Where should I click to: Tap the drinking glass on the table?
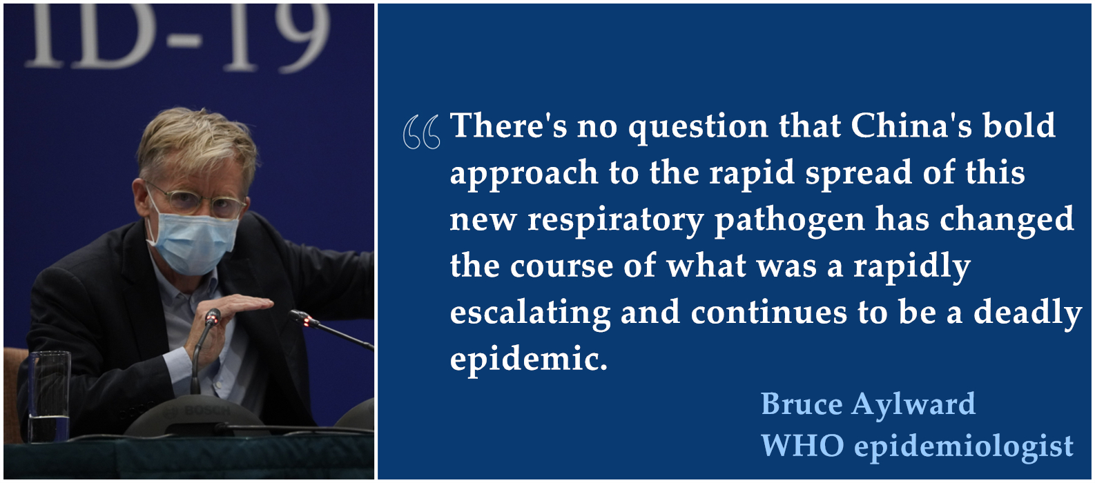tap(49, 396)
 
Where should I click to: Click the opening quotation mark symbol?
tap(421, 131)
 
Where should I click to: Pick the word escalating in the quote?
tap(530, 314)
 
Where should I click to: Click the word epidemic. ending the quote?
tap(529, 360)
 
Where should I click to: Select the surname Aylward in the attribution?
tap(913, 405)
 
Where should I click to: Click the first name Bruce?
tap(802, 404)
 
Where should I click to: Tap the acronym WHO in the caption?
tap(802, 445)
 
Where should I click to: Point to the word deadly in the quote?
tap(1027, 314)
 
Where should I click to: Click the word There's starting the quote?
tap(508, 126)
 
